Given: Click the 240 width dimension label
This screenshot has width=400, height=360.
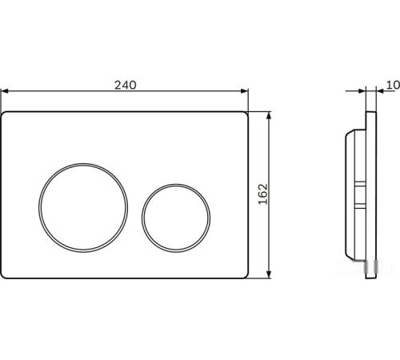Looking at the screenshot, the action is coord(126,85).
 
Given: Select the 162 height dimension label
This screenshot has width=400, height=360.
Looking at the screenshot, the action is coord(263,194).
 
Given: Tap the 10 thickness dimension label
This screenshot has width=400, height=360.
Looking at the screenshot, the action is coord(393,85).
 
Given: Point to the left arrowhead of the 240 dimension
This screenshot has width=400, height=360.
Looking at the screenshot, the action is coord(5,91).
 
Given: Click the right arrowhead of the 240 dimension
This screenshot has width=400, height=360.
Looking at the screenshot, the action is coord(245,91).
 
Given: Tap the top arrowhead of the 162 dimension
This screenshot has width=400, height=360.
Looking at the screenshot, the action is coord(269,115).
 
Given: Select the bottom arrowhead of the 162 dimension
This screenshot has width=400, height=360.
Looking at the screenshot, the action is coord(269,274).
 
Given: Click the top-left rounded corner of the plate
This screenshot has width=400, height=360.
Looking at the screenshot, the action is coord(2,114).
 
